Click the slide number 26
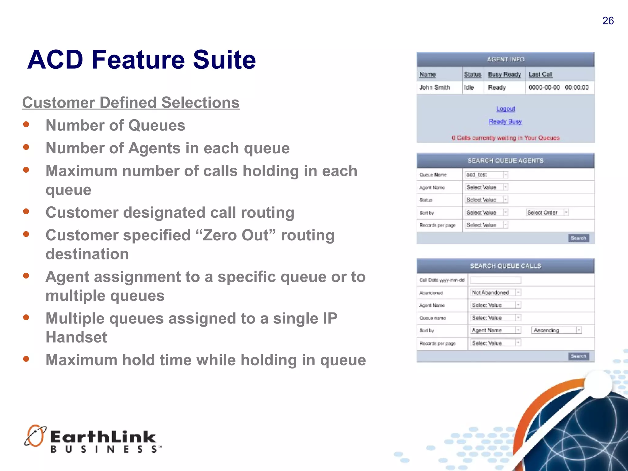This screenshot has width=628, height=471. pos(608,21)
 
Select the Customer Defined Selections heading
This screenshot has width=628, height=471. pos(131,102)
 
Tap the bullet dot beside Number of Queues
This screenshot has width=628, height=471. pos(26,124)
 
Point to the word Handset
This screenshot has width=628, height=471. pos(76,337)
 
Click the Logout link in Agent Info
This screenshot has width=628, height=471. pos(505,109)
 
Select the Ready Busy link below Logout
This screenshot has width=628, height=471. pos(505,121)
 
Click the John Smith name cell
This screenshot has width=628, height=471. pos(435,88)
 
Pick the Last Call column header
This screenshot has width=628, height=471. pos(540,75)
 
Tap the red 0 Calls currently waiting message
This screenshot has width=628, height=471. pos(505,138)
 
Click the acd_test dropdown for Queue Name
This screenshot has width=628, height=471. pos(486,175)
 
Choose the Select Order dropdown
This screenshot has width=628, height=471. pos(547,213)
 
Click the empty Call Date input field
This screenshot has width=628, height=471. pos(496,280)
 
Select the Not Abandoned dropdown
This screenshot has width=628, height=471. pos(496,293)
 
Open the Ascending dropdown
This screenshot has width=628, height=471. pos(556,330)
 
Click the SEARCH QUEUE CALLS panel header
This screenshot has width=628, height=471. pos(505,266)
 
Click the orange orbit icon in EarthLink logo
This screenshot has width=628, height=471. pos(35,436)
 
